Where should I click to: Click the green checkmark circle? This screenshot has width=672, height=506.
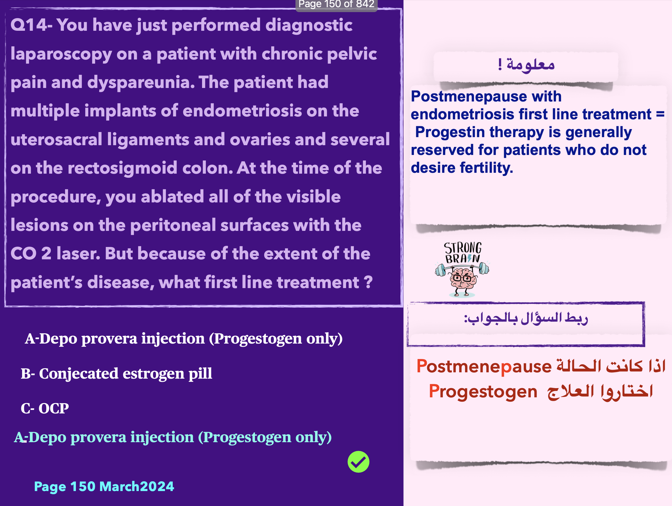358,462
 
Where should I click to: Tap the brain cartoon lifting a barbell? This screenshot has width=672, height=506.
462,279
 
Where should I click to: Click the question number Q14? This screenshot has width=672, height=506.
29,25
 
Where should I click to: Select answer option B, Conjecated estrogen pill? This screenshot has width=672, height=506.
116,373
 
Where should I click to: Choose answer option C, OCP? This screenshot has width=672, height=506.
45,408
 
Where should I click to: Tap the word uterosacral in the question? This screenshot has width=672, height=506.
56,139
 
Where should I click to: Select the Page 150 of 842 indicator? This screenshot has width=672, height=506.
336,4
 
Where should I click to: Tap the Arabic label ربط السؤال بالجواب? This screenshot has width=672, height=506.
526,319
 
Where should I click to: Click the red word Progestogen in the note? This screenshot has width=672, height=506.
483,391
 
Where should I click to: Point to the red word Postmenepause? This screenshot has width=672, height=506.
484,366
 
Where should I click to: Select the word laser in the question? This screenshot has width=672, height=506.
78,254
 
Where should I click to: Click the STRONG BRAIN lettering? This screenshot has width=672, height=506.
463,252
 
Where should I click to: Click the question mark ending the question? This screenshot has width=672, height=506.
368,282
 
